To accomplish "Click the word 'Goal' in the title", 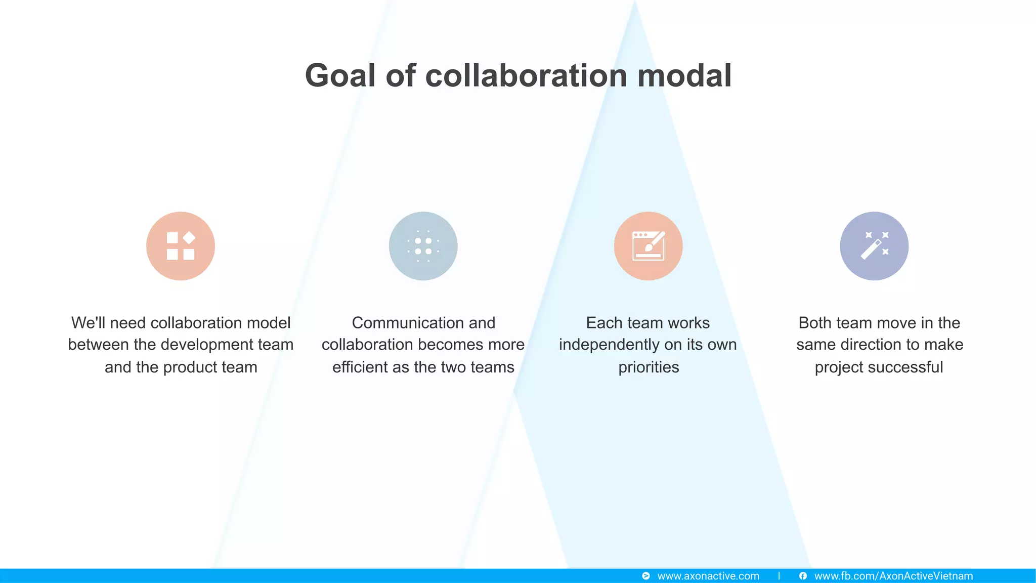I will [340, 76].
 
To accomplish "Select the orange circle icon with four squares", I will [181, 246].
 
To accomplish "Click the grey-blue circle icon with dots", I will [423, 246].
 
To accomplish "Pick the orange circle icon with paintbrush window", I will [648, 246].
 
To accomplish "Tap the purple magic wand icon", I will [874, 246].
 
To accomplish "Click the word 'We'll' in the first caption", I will [88, 323].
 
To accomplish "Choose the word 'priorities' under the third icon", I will [649, 367].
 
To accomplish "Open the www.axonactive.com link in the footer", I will [708, 576].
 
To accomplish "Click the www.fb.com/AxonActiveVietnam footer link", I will [893, 576].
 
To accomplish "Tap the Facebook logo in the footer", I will [803, 576].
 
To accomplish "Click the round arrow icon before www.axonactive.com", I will [646, 576].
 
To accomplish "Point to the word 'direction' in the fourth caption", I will [869, 345].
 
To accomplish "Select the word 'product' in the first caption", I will [190, 367].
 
